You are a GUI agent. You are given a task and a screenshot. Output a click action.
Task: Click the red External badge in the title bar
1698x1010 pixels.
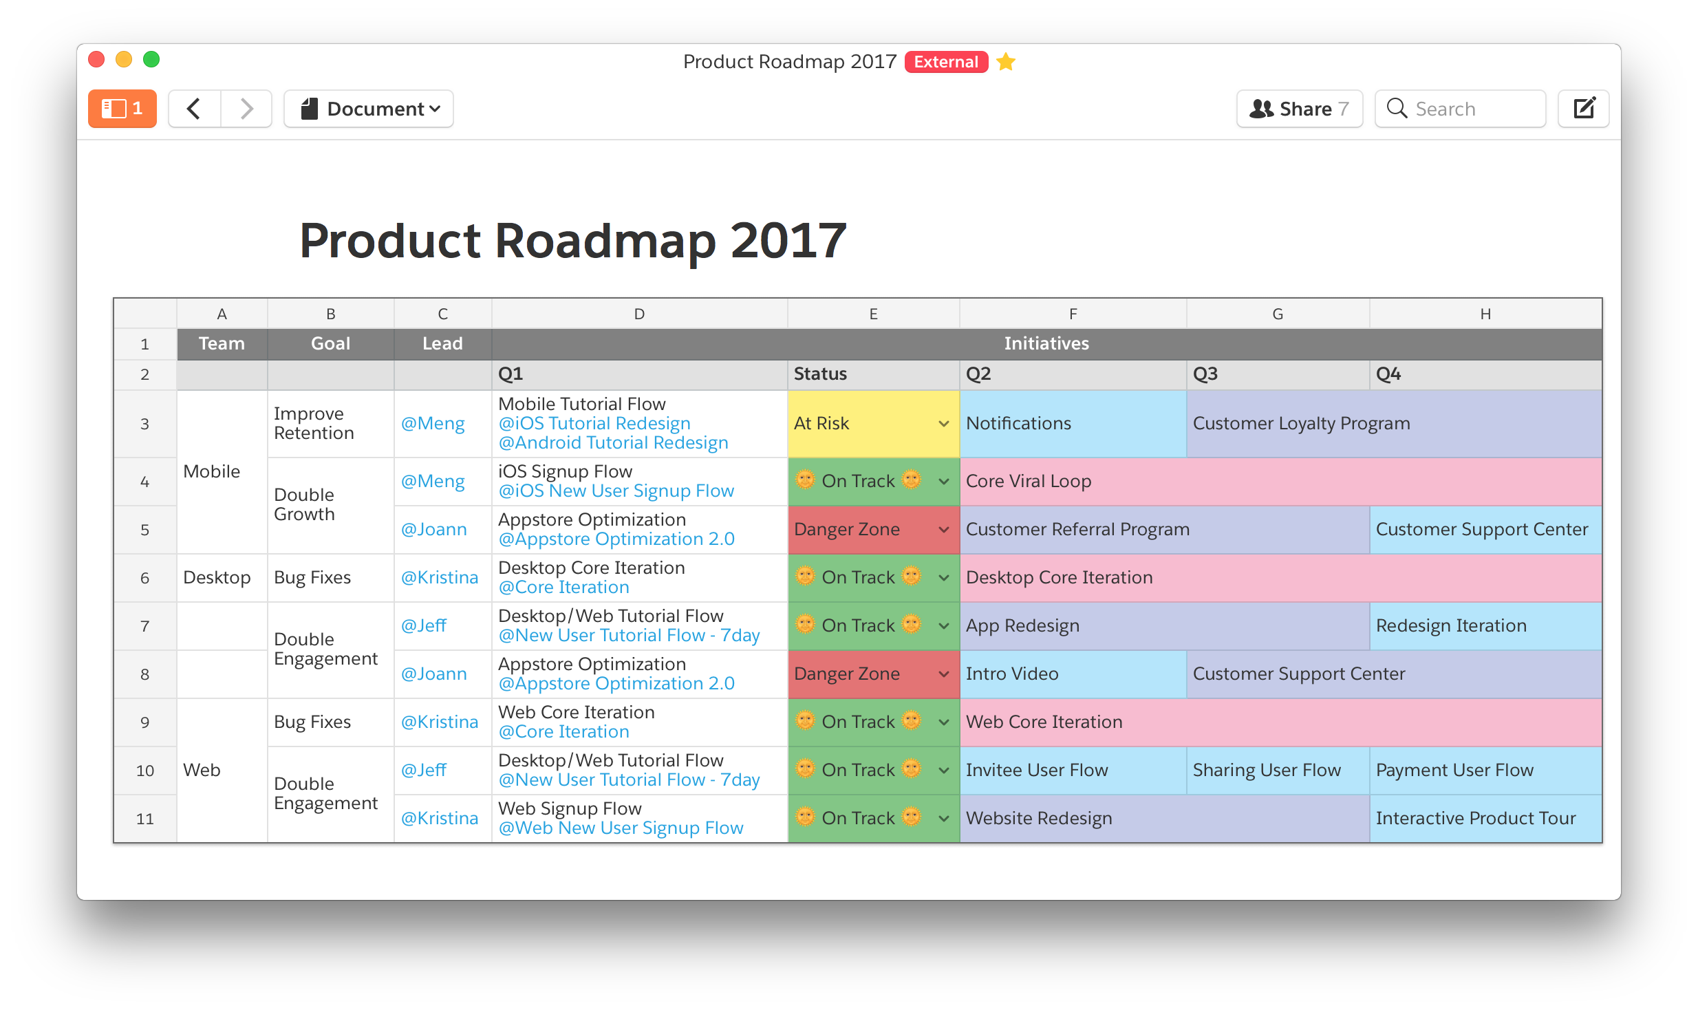(946, 62)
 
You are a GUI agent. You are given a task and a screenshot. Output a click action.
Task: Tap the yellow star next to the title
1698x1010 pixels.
(1006, 62)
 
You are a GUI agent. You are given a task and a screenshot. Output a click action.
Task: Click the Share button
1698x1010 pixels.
(1299, 109)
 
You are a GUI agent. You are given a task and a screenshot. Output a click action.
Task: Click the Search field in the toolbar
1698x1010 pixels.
(1460, 109)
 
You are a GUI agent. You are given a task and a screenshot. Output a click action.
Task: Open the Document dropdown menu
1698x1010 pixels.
(369, 109)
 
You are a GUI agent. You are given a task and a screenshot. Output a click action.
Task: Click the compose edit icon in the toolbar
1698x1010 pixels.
(1584, 109)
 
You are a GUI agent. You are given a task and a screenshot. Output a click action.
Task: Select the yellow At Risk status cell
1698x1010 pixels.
(873, 424)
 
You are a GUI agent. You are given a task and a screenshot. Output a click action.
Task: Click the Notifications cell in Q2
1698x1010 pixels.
(1073, 424)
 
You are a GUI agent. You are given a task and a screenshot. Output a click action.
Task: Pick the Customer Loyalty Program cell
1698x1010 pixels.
(1394, 424)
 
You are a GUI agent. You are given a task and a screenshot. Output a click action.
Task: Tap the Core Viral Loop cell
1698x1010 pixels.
(1280, 482)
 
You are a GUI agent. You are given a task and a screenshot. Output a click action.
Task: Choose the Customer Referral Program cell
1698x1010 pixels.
(1164, 530)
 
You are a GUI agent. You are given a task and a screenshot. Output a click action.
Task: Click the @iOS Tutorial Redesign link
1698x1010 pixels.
(594, 424)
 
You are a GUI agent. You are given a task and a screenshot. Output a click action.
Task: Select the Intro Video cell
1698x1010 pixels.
(1073, 674)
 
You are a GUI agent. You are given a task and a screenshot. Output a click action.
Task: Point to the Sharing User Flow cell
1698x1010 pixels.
(1278, 771)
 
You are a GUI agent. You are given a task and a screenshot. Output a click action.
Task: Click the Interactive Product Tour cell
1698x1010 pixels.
(1485, 819)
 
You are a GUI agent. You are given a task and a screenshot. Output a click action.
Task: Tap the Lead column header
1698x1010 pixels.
(442, 344)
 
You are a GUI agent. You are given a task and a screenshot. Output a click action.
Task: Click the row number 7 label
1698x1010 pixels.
(144, 626)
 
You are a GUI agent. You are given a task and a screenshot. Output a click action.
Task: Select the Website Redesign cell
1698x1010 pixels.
(1164, 819)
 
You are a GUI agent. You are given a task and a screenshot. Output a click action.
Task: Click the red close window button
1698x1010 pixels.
(97, 60)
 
